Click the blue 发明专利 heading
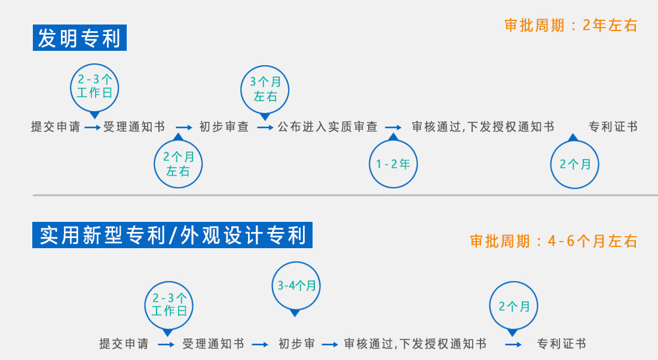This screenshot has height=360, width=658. click(x=79, y=38)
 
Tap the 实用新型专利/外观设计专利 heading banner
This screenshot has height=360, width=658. click(x=173, y=235)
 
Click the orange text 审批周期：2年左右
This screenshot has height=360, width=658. click(x=571, y=26)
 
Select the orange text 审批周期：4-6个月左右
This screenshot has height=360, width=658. click(x=553, y=241)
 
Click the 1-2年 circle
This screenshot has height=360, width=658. click(x=393, y=163)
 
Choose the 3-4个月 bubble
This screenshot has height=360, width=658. click(x=296, y=286)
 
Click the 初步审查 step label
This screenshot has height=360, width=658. click(x=224, y=127)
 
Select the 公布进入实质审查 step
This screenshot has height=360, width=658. click(x=328, y=127)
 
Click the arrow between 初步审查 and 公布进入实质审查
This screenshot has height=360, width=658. click(x=265, y=127)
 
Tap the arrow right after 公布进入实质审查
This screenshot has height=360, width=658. click(x=393, y=127)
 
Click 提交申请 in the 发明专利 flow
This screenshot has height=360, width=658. click(x=56, y=127)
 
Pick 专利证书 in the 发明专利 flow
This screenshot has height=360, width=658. click(x=613, y=127)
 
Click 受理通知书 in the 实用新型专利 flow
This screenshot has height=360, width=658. click(x=213, y=344)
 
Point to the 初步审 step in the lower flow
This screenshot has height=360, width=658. click(x=296, y=344)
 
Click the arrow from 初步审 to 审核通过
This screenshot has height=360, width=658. click(x=330, y=344)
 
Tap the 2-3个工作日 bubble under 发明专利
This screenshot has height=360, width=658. click(x=94, y=89)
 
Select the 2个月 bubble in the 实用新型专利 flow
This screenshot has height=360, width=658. click(x=513, y=307)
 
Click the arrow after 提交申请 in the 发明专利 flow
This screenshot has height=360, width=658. click(x=92, y=127)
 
